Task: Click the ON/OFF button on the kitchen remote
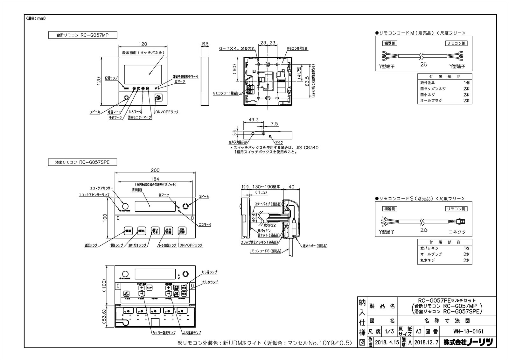[x=158, y=98]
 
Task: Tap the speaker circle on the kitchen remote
[x=126, y=98]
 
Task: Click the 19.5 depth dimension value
[x=205, y=44]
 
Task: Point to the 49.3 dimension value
[x=253, y=120]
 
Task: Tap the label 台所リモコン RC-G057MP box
[x=83, y=35]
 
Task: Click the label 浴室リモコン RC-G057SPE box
[x=83, y=162]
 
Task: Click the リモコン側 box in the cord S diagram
[x=456, y=209]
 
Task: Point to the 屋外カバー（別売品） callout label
[x=315, y=246]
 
